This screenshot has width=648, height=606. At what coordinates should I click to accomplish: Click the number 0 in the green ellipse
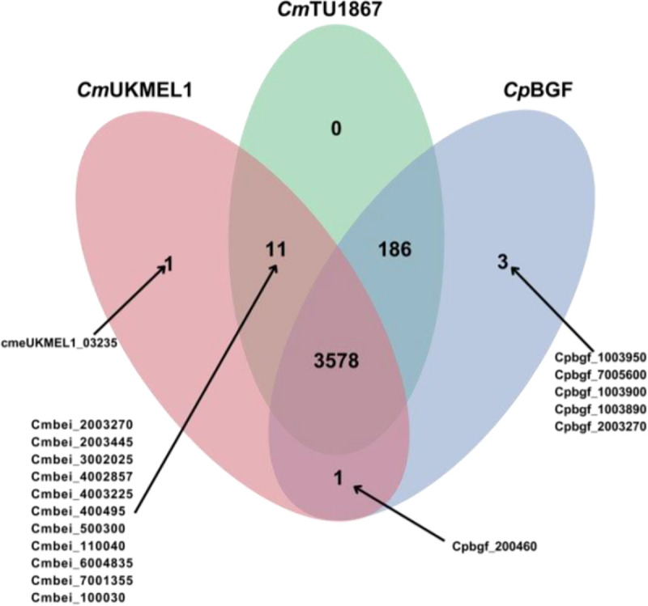click(x=335, y=128)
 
